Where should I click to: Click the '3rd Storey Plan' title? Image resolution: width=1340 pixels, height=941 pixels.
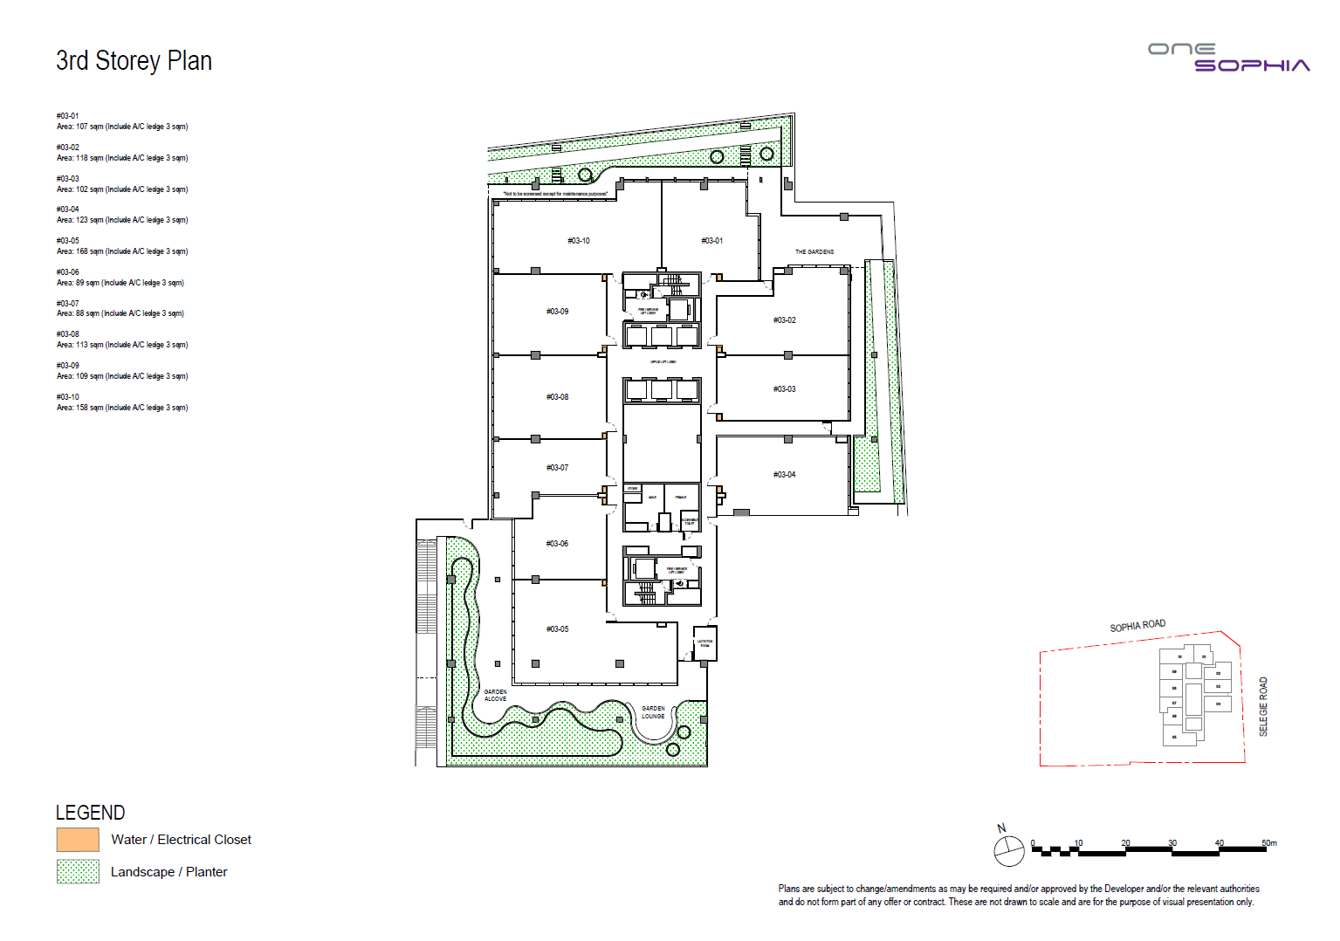click(134, 61)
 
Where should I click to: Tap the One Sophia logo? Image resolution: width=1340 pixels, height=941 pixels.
click(1228, 58)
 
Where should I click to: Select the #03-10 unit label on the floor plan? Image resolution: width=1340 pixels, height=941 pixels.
click(578, 241)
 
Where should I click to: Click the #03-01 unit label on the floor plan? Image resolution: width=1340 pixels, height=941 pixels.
click(711, 241)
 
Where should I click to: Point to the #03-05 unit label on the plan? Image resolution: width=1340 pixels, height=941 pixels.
click(557, 629)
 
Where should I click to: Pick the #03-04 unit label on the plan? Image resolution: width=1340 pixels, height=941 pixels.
click(784, 475)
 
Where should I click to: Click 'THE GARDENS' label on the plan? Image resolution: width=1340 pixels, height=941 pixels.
click(814, 252)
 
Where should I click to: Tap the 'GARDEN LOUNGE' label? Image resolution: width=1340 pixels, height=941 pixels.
click(653, 712)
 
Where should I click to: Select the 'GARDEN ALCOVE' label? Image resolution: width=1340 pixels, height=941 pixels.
click(495, 696)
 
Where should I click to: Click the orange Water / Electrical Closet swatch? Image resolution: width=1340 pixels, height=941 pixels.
click(78, 840)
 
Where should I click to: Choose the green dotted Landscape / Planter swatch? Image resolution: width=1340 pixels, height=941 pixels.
click(78, 872)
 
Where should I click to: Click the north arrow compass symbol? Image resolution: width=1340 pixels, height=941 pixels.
click(1008, 849)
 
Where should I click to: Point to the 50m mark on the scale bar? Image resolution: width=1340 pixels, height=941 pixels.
click(1268, 843)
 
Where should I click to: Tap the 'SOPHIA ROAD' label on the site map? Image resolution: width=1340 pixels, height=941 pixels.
click(1137, 626)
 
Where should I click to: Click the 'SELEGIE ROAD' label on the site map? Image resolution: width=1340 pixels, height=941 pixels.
click(1263, 706)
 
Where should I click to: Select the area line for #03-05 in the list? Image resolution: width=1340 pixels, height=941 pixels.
click(122, 251)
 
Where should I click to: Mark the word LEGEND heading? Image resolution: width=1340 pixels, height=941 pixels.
click(90, 813)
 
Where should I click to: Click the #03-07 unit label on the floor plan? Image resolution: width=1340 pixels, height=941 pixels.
click(557, 468)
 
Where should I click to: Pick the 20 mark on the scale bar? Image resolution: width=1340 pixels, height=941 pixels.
click(1125, 843)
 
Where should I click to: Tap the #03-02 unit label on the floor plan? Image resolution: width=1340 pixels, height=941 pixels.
click(784, 320)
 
